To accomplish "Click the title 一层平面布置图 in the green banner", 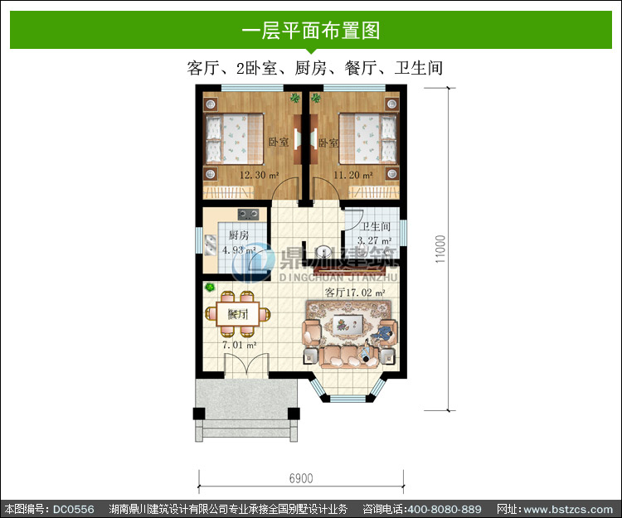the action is (311, 30).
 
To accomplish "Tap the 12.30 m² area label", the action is (259, 175).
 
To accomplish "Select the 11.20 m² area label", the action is (352, 175).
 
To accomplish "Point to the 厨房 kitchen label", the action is (239, 235).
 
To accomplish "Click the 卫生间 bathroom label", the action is (375, 226).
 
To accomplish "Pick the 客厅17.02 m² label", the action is (355, 293).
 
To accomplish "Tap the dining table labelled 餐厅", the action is (238, 314).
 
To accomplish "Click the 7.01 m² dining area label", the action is (239, 345).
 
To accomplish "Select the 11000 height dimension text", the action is (440, 249).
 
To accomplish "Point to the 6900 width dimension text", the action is (301, 478).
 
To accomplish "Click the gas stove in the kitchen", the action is (248, 215).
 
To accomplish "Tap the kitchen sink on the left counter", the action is (211, 244).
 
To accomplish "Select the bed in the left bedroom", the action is (234, 138).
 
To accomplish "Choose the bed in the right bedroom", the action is (367, 138).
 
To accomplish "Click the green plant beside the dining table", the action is (210, 287).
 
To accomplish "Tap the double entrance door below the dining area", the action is (247, 365).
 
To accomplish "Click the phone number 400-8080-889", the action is (445, 509).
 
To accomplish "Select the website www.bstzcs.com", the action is (568, 509).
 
